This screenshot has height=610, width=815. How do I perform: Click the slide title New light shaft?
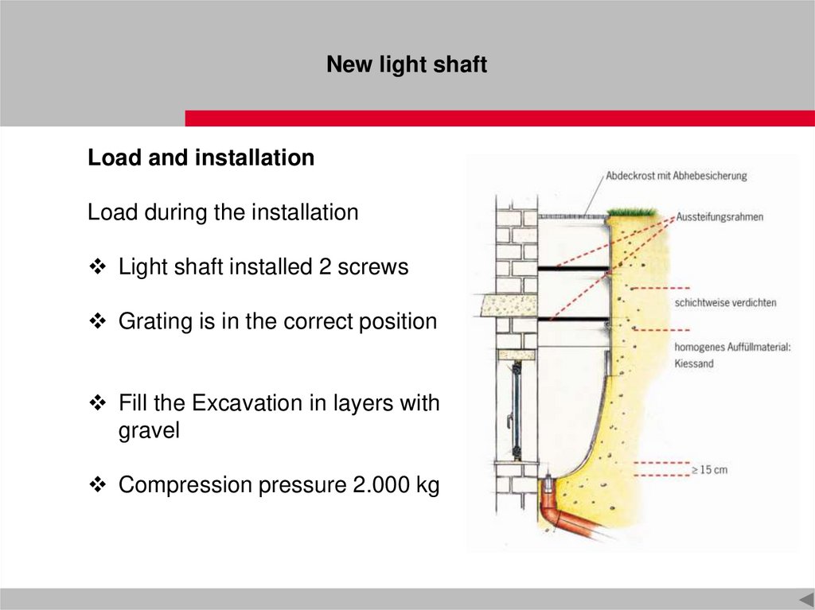click(x=407, y=64)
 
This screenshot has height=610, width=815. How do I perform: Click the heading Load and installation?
click(x=201, y=157)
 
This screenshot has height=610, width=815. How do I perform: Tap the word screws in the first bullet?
click(x=372, y=266)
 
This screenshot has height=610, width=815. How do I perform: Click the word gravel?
click(x=149, y=431)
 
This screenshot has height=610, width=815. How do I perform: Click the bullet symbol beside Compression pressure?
click(x=98, y=485)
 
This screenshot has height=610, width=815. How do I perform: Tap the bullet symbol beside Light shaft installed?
click(x=98, y=267)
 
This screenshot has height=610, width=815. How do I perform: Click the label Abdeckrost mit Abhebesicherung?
click(x=677, y=176)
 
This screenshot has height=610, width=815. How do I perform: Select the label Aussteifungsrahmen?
click(x=719, y=216)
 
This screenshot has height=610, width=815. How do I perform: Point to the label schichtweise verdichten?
click(x=726, y=302)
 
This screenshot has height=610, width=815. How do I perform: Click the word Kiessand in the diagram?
click(x=694, y=363)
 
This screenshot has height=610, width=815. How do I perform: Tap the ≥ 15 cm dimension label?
click(x=709, y=470)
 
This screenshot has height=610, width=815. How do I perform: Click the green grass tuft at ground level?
click(x=631, y=212)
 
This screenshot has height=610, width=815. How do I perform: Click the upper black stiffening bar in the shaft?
click(x=573, y=269)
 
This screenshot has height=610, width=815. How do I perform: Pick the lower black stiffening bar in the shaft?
click(x=573, y=319)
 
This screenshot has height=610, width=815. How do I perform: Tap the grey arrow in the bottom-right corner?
click(x=807, y=599)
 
